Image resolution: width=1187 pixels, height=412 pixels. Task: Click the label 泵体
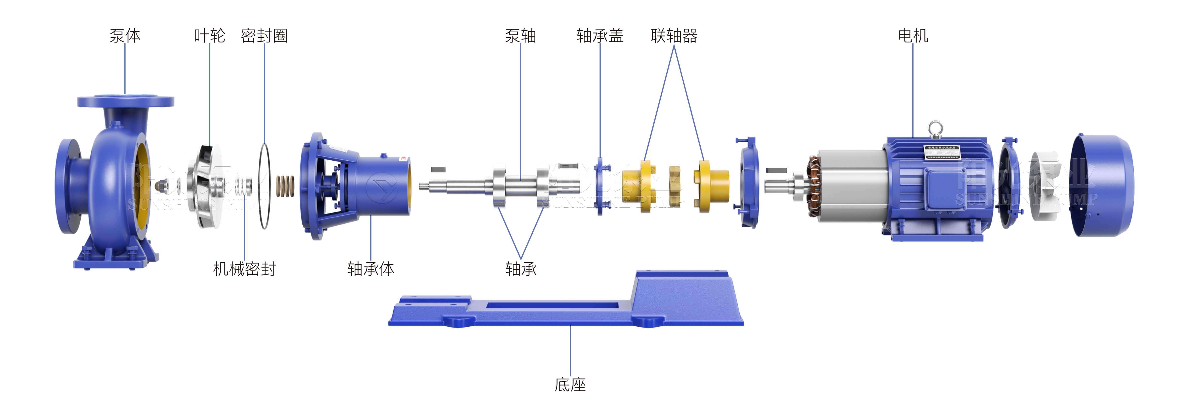(x=125, y=35)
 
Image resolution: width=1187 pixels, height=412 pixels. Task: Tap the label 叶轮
(x=210, y=35)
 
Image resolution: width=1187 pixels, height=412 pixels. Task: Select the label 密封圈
(x=264, y=35)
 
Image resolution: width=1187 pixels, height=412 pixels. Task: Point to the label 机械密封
(x=244, y=269)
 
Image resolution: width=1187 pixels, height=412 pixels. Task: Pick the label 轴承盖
(x=600, y=35)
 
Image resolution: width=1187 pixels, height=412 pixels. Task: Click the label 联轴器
(x=674, y=35)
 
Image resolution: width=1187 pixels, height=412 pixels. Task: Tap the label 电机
(x=913, y=35)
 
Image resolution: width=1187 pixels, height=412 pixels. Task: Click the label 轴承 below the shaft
(x=521, y=269)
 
